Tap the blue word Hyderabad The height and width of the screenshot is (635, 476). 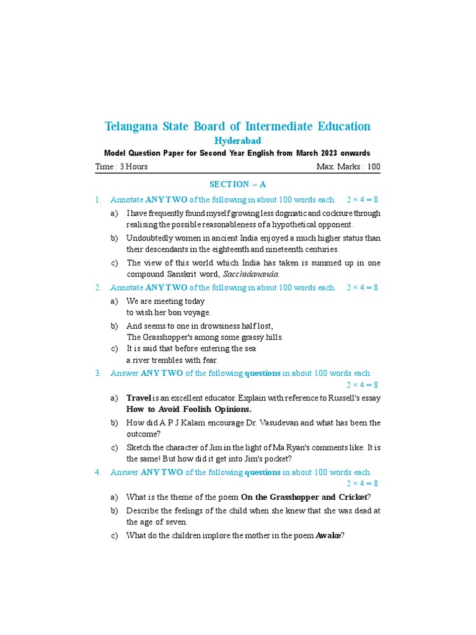[x=237, y=141]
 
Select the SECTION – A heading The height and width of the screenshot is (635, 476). [x=237, y=184]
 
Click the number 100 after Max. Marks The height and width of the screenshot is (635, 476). [x=373, y=166]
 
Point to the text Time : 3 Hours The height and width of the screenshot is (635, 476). [x=121, y=166]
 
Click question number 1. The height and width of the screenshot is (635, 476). [x=98, y=200]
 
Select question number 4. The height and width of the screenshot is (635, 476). [x=98, y=472]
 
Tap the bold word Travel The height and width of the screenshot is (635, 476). [x=139, y=397]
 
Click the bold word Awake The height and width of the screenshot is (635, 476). [x=328, y=535]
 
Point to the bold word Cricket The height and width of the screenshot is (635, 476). [x=351, y=497]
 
